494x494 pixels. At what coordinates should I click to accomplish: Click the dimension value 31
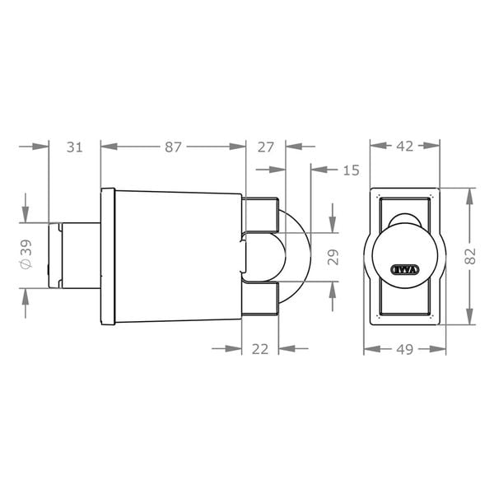(x=75, y=147)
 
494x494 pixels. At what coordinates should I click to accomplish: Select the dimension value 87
(x=173, y=147)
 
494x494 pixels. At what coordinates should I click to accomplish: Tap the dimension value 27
(x=266, y=147)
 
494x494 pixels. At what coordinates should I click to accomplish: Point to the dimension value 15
(x=351, y=170)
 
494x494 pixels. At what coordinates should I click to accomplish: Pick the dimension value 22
(x=260, y=349)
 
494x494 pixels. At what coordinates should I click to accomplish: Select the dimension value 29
(x=333, y=257)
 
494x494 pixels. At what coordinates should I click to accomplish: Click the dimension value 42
(x=404, y=147)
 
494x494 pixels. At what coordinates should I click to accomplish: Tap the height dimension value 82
(x=470, y=256)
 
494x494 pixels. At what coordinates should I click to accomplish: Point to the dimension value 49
(x=404, y=349)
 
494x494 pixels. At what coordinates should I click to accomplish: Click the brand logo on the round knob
(x=404, y=268)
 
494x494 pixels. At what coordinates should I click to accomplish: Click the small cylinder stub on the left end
(x=74, y=255)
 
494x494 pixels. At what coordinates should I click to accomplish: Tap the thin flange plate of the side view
(x=107, y=256)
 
